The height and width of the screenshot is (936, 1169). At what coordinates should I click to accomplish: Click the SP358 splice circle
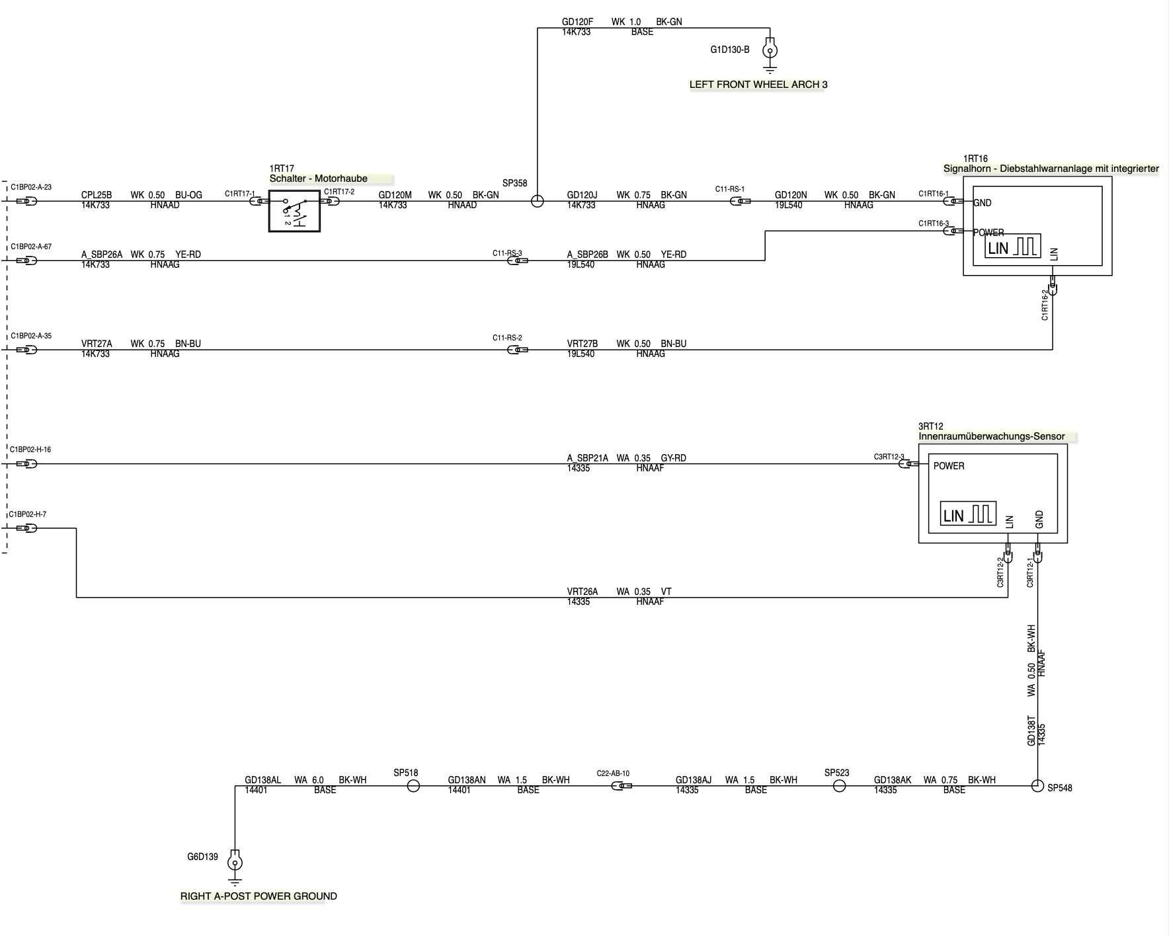[538, 201]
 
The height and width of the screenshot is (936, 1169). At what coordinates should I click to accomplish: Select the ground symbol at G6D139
[234, 864]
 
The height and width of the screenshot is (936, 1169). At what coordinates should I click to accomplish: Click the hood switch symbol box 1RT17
[294, 211]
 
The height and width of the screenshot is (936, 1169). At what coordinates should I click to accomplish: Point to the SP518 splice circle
[413, 786]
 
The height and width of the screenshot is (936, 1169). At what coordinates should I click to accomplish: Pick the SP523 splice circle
[839, 786]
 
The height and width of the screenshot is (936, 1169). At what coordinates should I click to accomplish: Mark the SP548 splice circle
[1037, 786]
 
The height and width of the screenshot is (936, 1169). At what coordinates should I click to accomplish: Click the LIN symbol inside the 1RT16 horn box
[1012, 247]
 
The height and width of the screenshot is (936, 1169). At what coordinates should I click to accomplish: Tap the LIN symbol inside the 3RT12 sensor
[968, 514]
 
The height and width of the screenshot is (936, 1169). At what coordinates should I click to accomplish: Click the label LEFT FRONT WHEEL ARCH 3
[758, 85]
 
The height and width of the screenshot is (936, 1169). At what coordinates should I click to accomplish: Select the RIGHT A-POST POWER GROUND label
[259, 896]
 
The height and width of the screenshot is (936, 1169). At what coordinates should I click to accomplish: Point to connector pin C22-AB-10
[622, 786]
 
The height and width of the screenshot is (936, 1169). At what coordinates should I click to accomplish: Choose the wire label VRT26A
[582, 592]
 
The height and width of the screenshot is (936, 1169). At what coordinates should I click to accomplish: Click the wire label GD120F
[577, 22]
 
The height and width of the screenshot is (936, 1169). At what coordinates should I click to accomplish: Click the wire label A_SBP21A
[587, 457]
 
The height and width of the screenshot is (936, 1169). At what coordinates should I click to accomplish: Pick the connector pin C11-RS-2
[516, 350]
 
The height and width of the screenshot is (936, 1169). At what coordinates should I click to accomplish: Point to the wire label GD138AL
[262, 780]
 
